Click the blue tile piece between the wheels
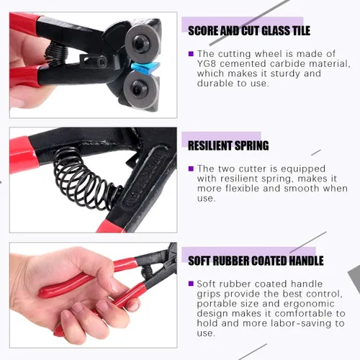click(x=145, y=68)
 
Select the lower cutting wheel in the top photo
click(x=142, y=89)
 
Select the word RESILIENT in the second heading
click(x=210, y=145)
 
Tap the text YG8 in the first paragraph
click(x=207, y=64)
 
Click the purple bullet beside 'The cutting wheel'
click(x=191, y=54)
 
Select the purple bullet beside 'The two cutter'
click(x=191, y=168)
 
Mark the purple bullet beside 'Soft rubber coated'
click(x=191, y=284)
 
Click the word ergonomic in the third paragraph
click(x=309, y=304)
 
